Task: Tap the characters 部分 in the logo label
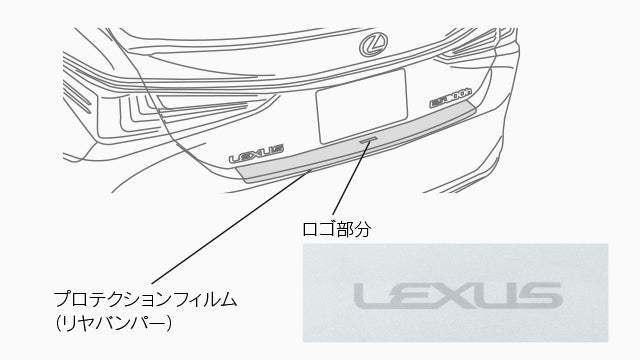pyautogui.click(x=352, y=229)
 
